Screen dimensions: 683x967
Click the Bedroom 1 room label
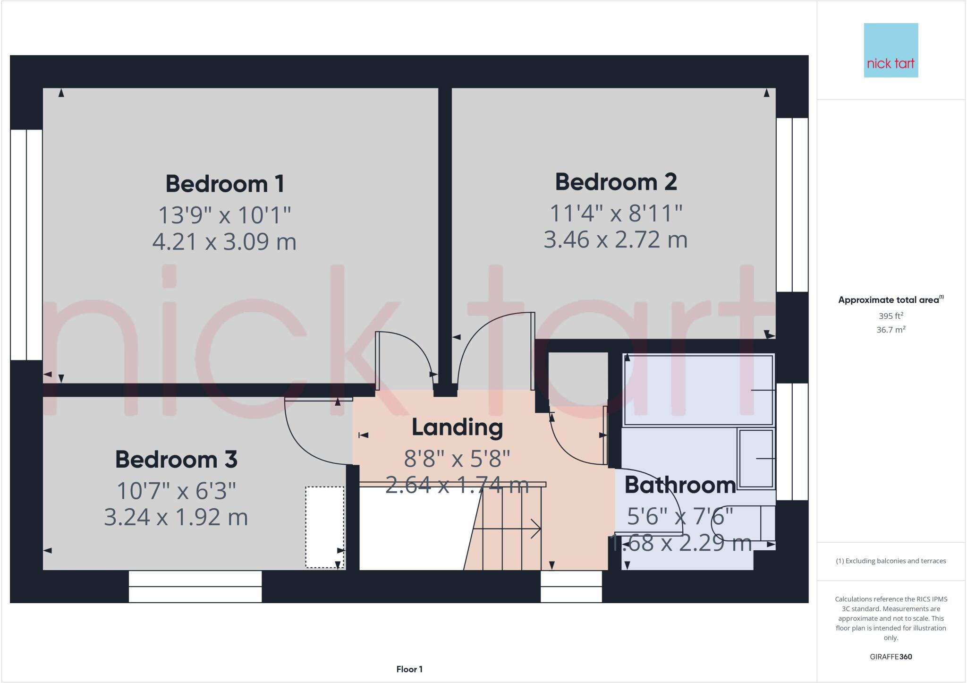pyautogui.click(x=225, y=184)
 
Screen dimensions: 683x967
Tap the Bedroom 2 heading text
pyautogui.click(x=616, y=182)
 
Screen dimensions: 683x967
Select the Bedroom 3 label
pyautogui.click(x=176, y=460)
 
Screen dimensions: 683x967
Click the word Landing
pyautogui.click(x=457, y=427)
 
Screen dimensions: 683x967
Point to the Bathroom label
pyautogui.click(x=680, y=485)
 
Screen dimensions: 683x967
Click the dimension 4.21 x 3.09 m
pyautogui.click(x=224, y=242)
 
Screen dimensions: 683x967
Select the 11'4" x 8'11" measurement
pyautogui.click(x=616, y=213)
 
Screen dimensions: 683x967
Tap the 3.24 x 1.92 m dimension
pyautogui.click(x=176, y=517)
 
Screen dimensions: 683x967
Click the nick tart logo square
pyautogui.click(x=891, y=50)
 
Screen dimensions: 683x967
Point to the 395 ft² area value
pyautogui.click(x=891, y=316)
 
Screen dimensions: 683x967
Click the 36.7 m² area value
pyautogui.click(x=891, y=330)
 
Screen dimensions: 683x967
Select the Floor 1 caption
pyautogui.click(x=409, y=669)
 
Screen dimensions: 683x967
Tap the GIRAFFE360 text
pyautogui.click(x=891, y=657)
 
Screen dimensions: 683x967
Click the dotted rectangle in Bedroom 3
pyautogui.click(x=324, y=527)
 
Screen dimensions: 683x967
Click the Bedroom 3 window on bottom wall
pyautogui.click(x=195, y=587)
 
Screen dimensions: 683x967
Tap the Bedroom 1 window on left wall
pyautogui.click(x=26, y=245)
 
